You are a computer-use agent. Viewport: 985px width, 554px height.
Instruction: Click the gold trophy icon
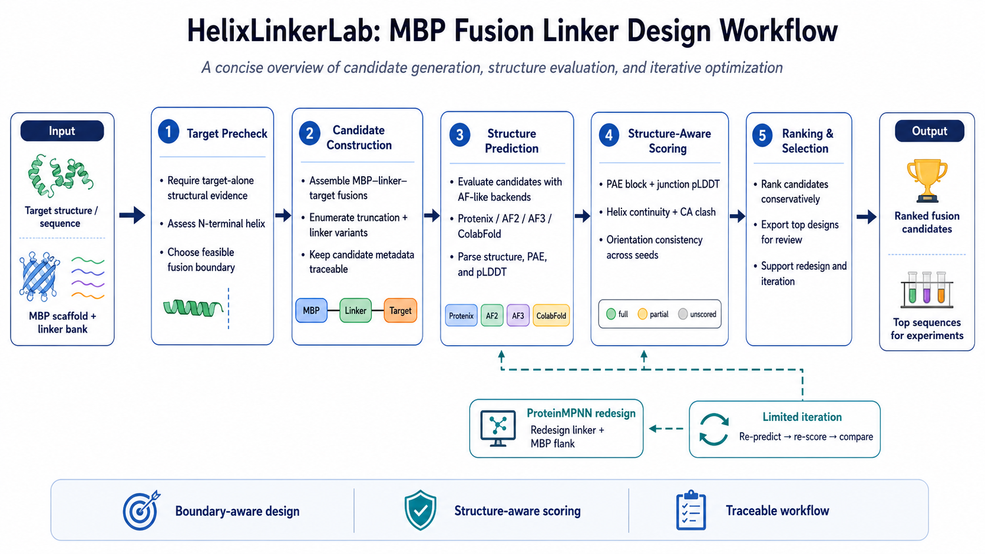927,180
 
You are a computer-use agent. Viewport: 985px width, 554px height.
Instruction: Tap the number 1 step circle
168,131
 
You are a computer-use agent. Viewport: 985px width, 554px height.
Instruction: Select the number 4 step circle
609,135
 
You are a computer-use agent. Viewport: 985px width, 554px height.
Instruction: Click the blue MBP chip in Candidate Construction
311,311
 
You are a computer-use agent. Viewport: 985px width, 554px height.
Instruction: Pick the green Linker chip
355,311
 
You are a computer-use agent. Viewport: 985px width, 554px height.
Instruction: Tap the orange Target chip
400,311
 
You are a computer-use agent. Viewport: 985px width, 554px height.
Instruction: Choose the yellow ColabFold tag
551,316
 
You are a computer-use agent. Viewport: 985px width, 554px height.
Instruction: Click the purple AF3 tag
518,316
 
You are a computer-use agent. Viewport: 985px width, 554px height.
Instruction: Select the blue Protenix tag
461,316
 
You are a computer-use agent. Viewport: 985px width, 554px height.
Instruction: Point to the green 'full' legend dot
611,314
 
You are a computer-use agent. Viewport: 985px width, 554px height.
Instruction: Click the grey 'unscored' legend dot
683,314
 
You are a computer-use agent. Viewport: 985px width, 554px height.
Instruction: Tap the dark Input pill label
62,131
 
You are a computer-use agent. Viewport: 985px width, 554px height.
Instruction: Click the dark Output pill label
930,131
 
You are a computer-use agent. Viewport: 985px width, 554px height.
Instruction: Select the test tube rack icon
927,290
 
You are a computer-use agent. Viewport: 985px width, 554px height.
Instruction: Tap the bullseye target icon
141,510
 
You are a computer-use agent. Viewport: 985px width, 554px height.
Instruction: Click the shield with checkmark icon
421,510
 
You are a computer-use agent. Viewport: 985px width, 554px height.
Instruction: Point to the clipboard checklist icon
691,510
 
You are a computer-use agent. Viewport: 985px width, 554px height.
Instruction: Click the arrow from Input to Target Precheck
132,215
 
